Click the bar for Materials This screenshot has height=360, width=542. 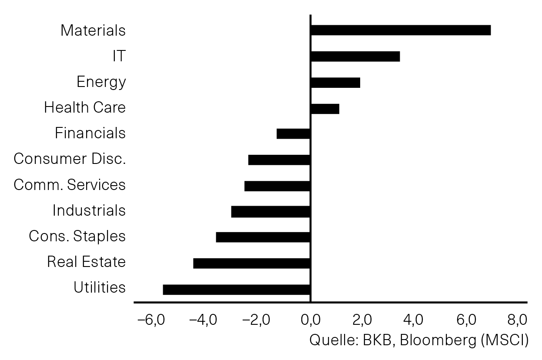point(401,30)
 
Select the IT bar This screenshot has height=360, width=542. point(355,57)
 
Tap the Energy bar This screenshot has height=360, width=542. point(336,83)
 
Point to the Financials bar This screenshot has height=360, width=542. point(293,134)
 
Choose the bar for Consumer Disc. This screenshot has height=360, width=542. point(279,160)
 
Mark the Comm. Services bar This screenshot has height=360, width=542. point(277,186)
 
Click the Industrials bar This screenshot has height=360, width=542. point(271,212)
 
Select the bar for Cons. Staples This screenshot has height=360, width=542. point(263,237)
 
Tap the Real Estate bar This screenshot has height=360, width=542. point(251,263)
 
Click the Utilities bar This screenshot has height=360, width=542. point(236,290)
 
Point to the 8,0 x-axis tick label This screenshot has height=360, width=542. point(517,320)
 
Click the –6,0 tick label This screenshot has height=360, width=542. point(151,320)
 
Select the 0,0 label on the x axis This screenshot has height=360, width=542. point(311,320)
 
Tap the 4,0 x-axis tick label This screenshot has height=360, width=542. point(413,320)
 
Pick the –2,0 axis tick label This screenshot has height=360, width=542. point(256,320)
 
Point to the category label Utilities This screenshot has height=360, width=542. point(100,287)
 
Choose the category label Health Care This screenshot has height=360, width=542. point(85,107)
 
